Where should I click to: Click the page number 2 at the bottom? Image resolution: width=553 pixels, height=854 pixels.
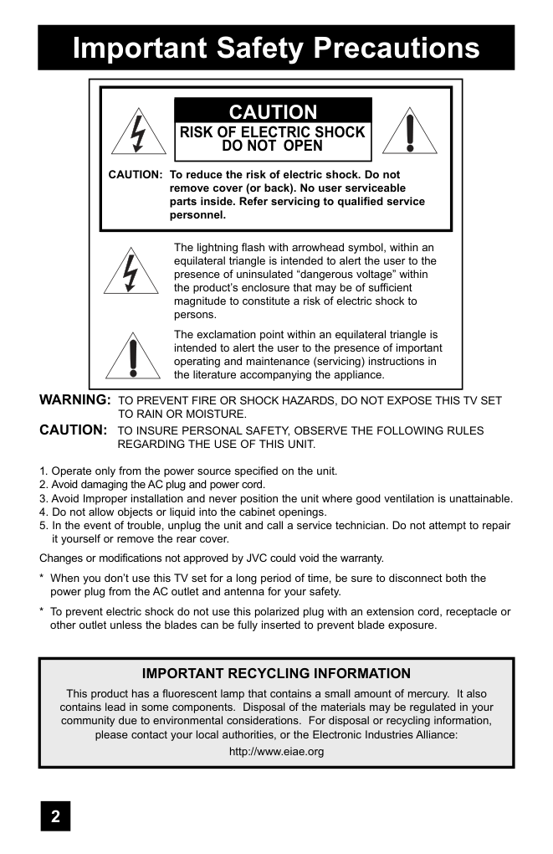pyautogui.click(x=55, y=816)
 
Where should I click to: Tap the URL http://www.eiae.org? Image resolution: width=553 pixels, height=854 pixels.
pyautogui.click(x=276, y=751)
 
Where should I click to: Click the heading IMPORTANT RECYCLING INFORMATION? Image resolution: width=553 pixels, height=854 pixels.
pyautogui.click(x=276, y=673)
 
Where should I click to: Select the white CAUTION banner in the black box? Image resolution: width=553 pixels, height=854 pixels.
pyautogui.click(x=273, y=112)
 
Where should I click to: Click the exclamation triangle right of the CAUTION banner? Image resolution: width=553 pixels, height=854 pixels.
pyautogui.click(x=409, y=132)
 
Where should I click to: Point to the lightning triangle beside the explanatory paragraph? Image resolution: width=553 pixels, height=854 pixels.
pyautogui.click(x=131, y=271)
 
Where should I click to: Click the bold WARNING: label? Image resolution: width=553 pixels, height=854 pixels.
pyautogui.click(x=75, y=400)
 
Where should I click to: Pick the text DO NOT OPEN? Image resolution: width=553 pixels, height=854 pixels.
pyautogui.click(x=273, y=146)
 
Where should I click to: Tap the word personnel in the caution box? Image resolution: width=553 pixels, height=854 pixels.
pyautogui.click(x=197, y=214)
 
